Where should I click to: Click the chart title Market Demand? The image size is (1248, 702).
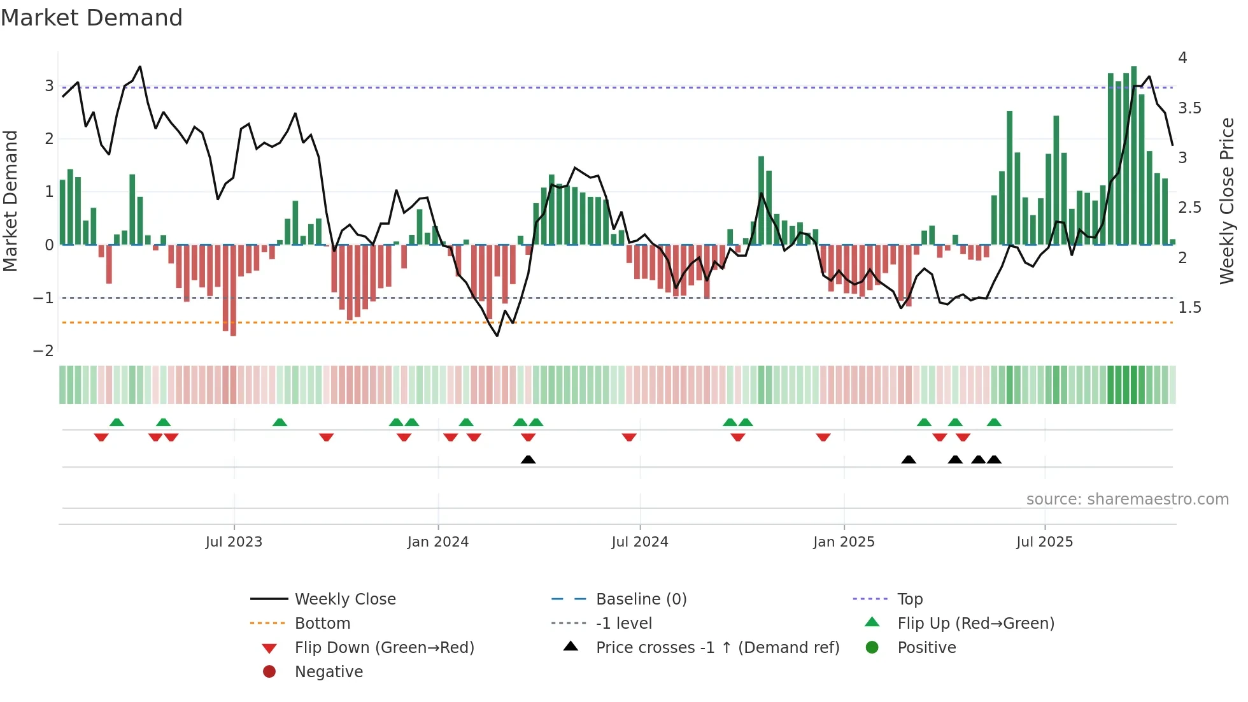pyautogui.click(x=92, y=18)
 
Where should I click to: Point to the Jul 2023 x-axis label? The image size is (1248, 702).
pyautogui.click(x=234, y=542)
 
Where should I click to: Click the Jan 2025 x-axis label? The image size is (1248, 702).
pyautogui.click(x=844, y=542)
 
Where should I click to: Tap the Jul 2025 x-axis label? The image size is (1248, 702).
pyautogui.click(x=1044, y=542)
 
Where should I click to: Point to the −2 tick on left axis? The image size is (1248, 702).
pyautogui.click(x=43, y=351)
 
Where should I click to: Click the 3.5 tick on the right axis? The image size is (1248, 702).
pyautogui.click(x=1189, y=108)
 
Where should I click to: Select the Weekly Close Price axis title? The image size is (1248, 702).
pyautogui.click(x=1226, y=201)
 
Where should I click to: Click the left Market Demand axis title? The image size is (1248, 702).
pyautogui.click(x=10, y=201)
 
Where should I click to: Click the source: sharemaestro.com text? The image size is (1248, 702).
pyautogui.click(x=1127, y=499)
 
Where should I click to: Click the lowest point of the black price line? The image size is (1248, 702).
pyautogui.click(x=497, y=336)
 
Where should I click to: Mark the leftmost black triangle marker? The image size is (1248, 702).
pyautogui.click(x=528, y=459)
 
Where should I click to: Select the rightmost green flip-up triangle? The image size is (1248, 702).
pyautogui.click(x=994, y=422)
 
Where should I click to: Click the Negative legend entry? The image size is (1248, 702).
pyautogui.click(x=328, y=671)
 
